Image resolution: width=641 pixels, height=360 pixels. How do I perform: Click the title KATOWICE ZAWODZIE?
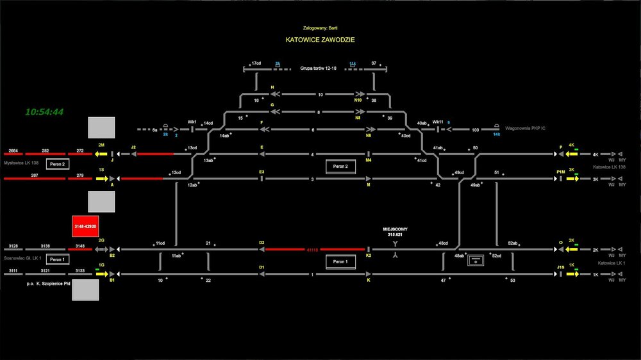pyautogui.click(x=320, y=40)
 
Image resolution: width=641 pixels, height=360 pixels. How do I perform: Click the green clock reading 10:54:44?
pyautogui.click(x=44, y=112)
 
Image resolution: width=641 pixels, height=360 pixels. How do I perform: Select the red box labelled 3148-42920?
pyautogui.click(x=85, y=227)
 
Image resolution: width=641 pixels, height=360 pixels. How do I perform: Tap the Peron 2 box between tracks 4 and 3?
pyautogui.click(x=339, y=167)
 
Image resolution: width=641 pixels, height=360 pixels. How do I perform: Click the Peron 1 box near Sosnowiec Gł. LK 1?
pyautogui.click(x=57, y=259)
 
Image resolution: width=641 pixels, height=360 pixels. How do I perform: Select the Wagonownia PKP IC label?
pyautogui.click(x=525, y=129)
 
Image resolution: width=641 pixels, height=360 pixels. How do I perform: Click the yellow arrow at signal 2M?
pyautogui.click(x=101, y=154)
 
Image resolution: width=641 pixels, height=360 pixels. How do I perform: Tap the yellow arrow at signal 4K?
pyautogui.click(x=571, y=154)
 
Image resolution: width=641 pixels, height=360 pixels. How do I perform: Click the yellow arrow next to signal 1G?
pyautogui.click(x=101, y=274)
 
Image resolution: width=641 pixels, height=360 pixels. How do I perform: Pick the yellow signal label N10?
pyautogui.click(x=358, y=100)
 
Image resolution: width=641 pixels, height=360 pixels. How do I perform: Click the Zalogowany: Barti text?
pyautogui.click(x=320, y=28)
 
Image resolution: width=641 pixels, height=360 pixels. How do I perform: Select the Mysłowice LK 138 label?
pyautogui.click(x=22, y=162)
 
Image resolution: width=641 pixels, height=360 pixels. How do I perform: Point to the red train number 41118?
pyautogui.click(x=313, y=249)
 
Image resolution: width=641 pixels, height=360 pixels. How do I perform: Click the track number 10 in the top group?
pyautogui.click(x=320, y=94)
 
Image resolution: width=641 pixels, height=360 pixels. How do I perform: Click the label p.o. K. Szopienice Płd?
pyautogui.click(x=35, y=282)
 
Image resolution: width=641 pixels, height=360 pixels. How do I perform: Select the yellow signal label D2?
pyautogui.click(x=262, y=243)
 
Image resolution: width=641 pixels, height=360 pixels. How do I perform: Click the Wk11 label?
pyautogui.click(x=438, y=122)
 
